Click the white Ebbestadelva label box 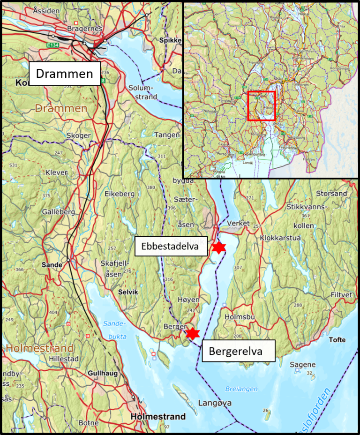[172, 246]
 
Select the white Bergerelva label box [239, 351]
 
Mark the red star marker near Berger [192, 333]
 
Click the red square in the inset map [261, 106]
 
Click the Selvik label [128, 292]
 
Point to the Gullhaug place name [102, 373]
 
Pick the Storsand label [331, 193]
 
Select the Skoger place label [78, 135]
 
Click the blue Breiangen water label [241, 389]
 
